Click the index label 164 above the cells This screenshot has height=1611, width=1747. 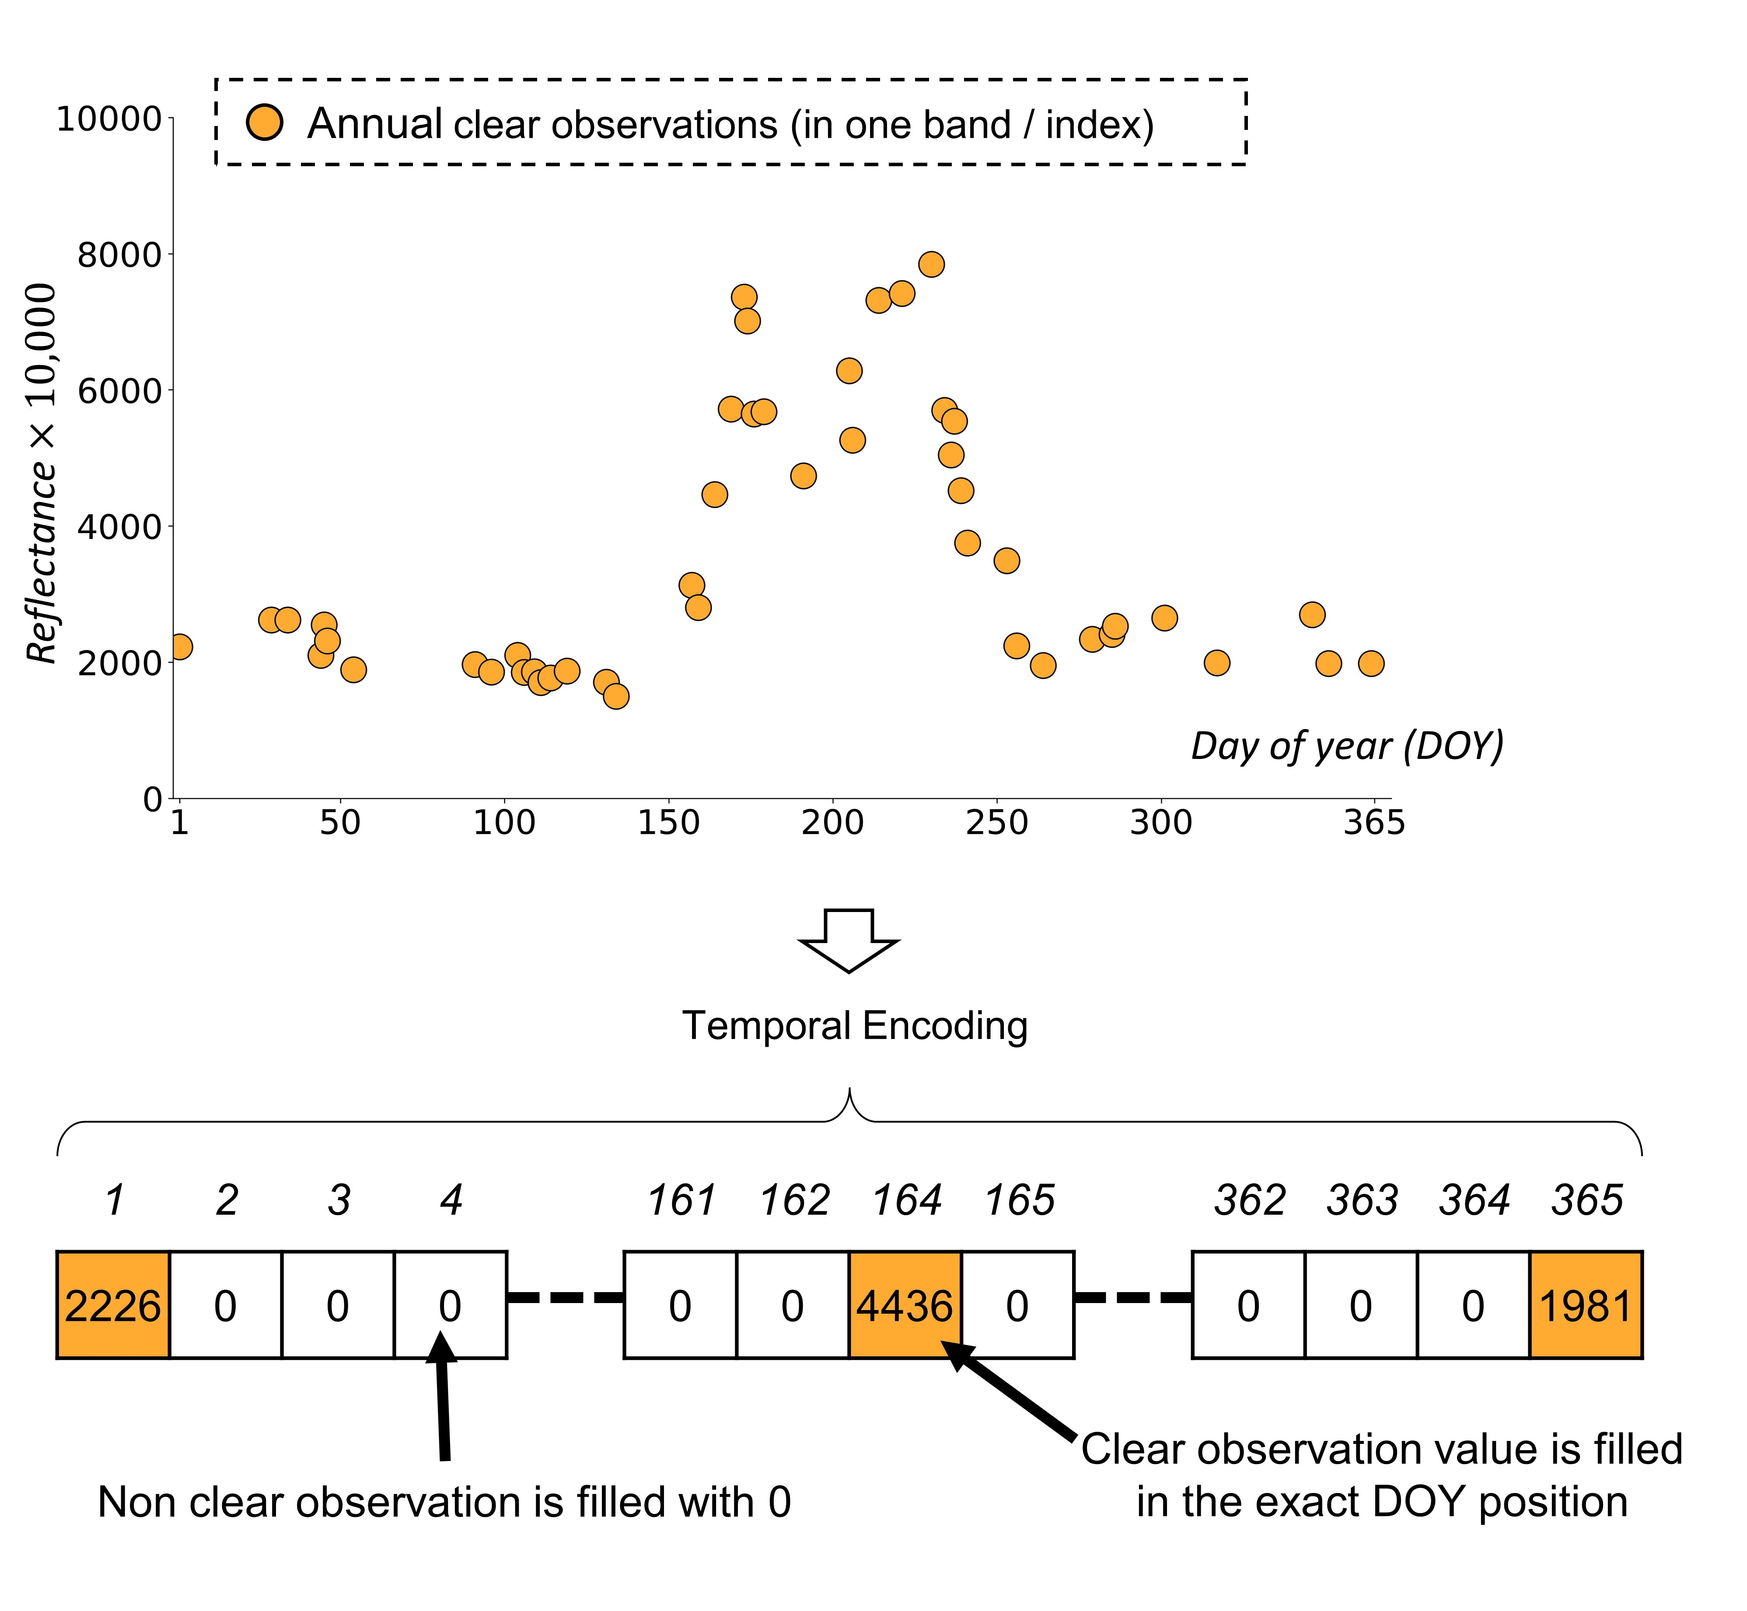coord(907,1200)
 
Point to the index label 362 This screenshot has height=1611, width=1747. coord(1249,1200)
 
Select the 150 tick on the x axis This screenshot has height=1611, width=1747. coord(669,822)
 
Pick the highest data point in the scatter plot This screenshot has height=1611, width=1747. coord(931,264)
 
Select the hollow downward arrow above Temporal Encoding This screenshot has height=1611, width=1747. coord(848,940)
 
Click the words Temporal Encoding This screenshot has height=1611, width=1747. coord(854,1025)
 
